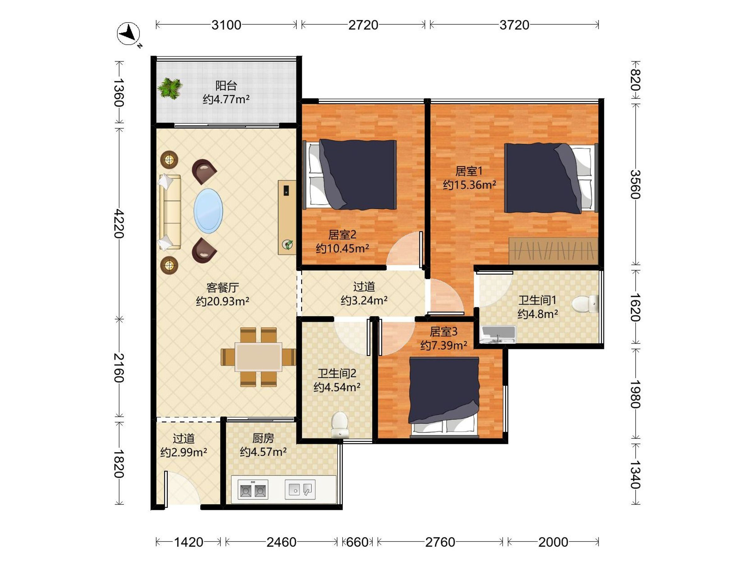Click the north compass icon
pos(129,34)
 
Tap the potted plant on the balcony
pos(170,88)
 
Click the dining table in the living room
pos(258,357)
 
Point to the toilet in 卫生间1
pos(585,304)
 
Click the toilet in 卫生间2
pos(340,425)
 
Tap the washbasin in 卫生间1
pos(498,334)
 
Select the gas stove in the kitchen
pos(253,490)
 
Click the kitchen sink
pos(300,490)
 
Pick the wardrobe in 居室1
pos(553,251)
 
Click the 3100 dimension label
pos(226,25)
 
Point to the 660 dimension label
pos(357,542)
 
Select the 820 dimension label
pos(635,80)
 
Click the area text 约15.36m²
pos(469,185)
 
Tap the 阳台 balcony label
pos(226,85)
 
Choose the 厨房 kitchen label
pos(263,438)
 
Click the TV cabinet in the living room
pos(287,217)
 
